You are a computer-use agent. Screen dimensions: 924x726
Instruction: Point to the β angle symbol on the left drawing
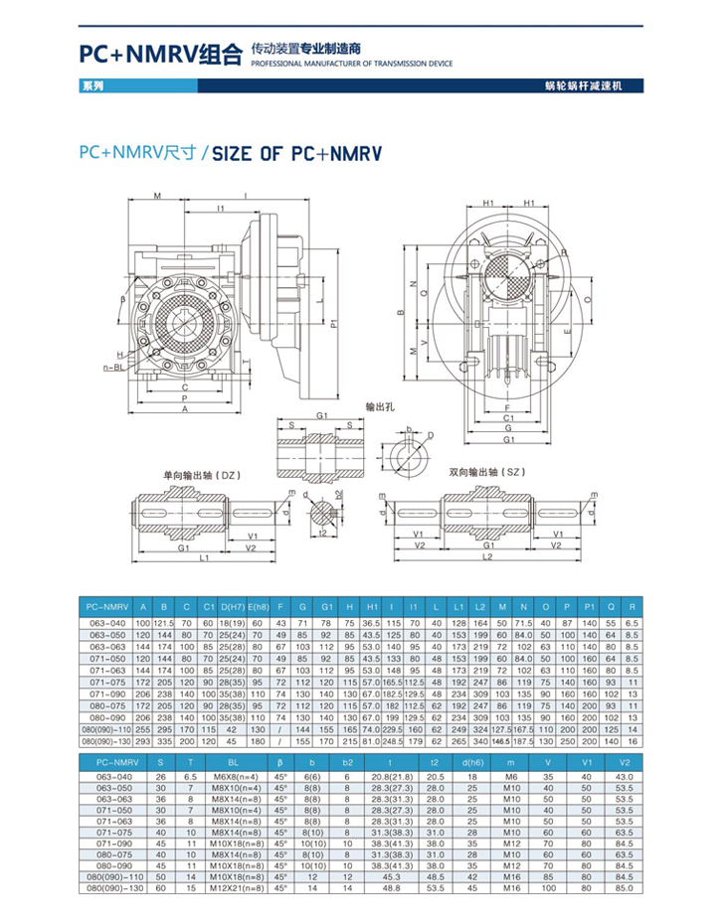pos(123,297)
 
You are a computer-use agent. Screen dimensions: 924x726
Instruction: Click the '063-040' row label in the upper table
pos(104,622)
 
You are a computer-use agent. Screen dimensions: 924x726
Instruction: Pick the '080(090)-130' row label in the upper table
pos(104,741)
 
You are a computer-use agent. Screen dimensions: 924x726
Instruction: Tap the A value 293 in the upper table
pos(142,741)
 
